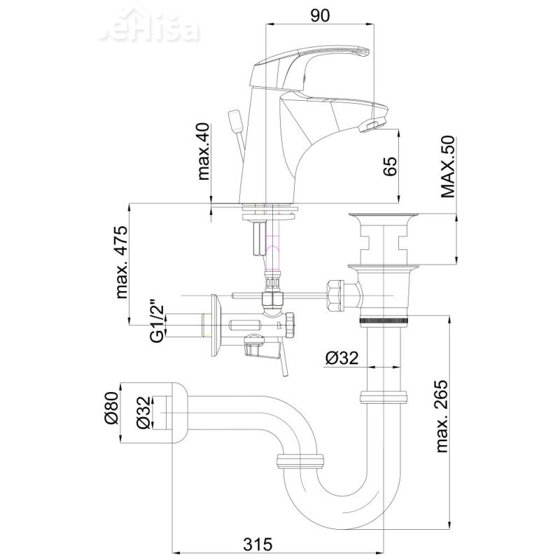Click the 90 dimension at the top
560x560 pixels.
[x=320, y=15]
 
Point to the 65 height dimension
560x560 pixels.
[x=390, y=166]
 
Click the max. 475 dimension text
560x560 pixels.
[x=121, y=262]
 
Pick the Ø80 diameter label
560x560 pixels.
[x=111, y=407]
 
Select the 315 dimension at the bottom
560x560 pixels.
[x=258, y=545]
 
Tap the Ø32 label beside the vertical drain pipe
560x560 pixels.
[x=342, y=358]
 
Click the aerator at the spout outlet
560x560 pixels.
[x=372, y=125]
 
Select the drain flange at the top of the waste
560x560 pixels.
[x=383, y=216]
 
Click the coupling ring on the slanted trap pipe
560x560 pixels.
[x=300, y=461]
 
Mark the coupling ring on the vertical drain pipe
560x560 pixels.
[x=384, y=397]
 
